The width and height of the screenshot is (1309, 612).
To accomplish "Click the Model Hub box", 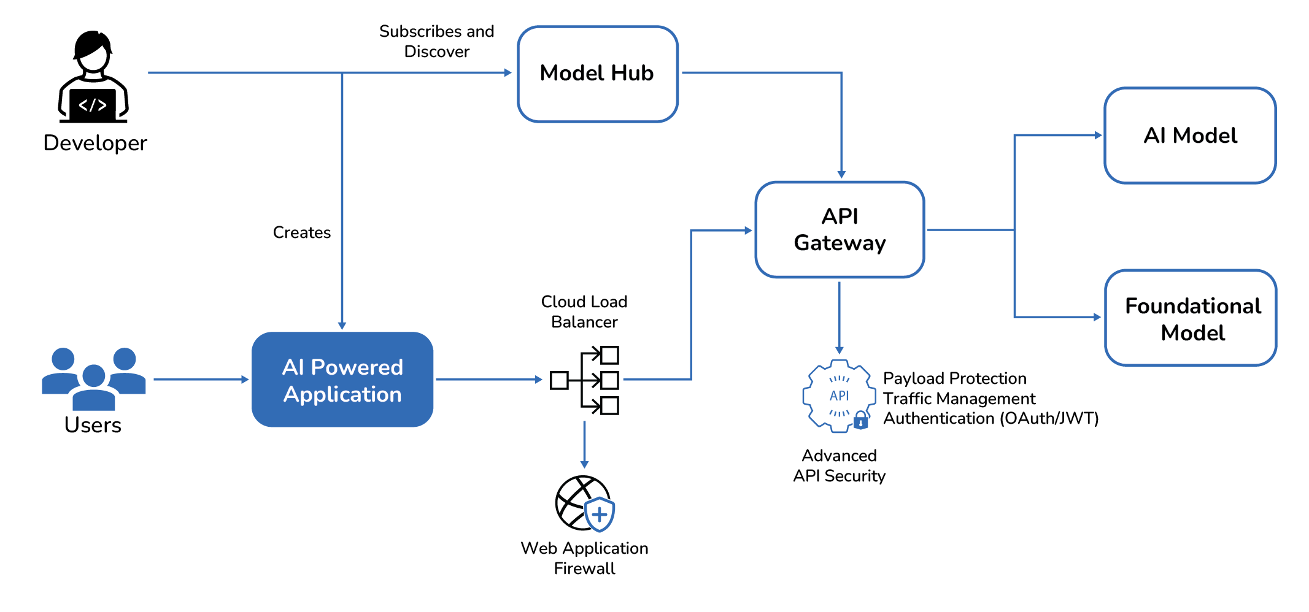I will pos(597,74).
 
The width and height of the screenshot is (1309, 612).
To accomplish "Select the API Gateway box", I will pos(840,229).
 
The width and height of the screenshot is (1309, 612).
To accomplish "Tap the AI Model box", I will pos(1190,136).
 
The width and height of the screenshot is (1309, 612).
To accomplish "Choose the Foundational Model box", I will pos(1191,318).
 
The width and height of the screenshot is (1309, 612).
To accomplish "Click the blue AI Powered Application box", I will pos(342,380).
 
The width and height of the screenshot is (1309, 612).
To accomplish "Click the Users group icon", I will pos(93,378).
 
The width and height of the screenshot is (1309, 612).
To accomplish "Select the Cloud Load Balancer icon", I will pos(585,380).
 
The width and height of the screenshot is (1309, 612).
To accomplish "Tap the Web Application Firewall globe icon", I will pos(580,503).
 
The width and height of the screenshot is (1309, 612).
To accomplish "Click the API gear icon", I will pos(838,396).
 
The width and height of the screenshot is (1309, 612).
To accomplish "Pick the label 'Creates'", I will pos(301,233).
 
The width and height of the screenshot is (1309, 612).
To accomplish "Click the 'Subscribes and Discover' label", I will pos(436,41).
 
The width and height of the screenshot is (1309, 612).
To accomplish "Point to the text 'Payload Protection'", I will pos(954,378).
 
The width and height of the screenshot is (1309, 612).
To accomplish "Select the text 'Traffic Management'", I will pos(959,399).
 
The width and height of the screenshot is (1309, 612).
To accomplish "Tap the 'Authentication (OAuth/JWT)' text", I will pos(990,419).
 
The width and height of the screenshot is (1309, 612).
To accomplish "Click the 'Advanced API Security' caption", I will pos(839,465).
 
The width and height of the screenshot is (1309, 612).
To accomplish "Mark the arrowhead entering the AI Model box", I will pos(1098,136).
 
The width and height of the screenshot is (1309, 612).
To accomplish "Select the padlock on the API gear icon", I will pos(861,421).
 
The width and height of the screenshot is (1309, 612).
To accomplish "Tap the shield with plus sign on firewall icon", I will pos(600,514).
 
